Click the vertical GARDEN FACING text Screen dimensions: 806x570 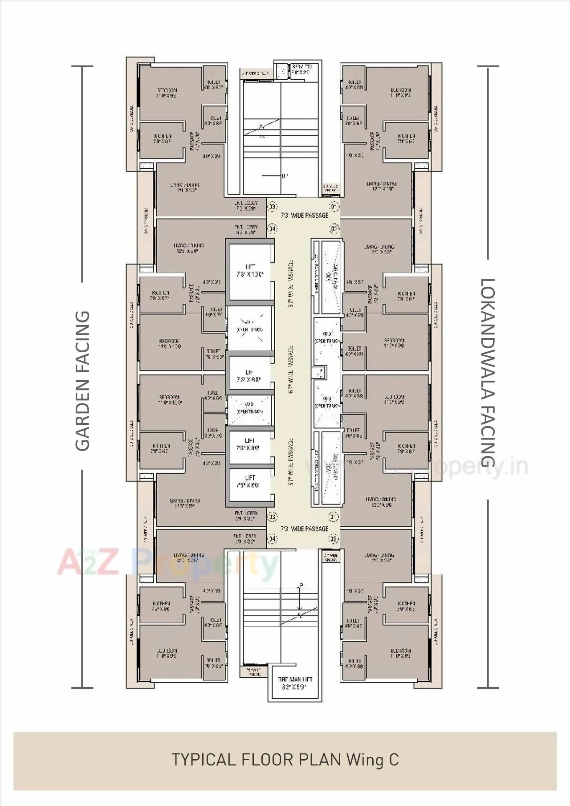(83, 381)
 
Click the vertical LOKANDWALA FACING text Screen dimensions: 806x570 (488, 373)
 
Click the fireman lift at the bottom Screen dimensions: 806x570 (295, 683)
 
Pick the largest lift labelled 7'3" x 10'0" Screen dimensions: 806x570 (250, 271)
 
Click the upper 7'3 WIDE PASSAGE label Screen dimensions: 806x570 (305, 216)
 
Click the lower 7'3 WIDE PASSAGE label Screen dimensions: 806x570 (305, 529)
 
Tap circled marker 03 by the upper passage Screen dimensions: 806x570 (272, 207)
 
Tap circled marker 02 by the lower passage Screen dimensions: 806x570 (334, 539)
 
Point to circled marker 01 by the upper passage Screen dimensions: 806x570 (334, 207)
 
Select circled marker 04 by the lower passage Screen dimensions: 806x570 (272, 539)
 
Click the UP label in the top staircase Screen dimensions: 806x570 (285, 176)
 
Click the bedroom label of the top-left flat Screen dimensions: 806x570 (167, 93)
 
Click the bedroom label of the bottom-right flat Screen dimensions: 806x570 (401, 653)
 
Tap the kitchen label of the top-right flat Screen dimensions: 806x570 (406, 138)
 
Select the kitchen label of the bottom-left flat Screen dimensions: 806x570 (161, 606)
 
